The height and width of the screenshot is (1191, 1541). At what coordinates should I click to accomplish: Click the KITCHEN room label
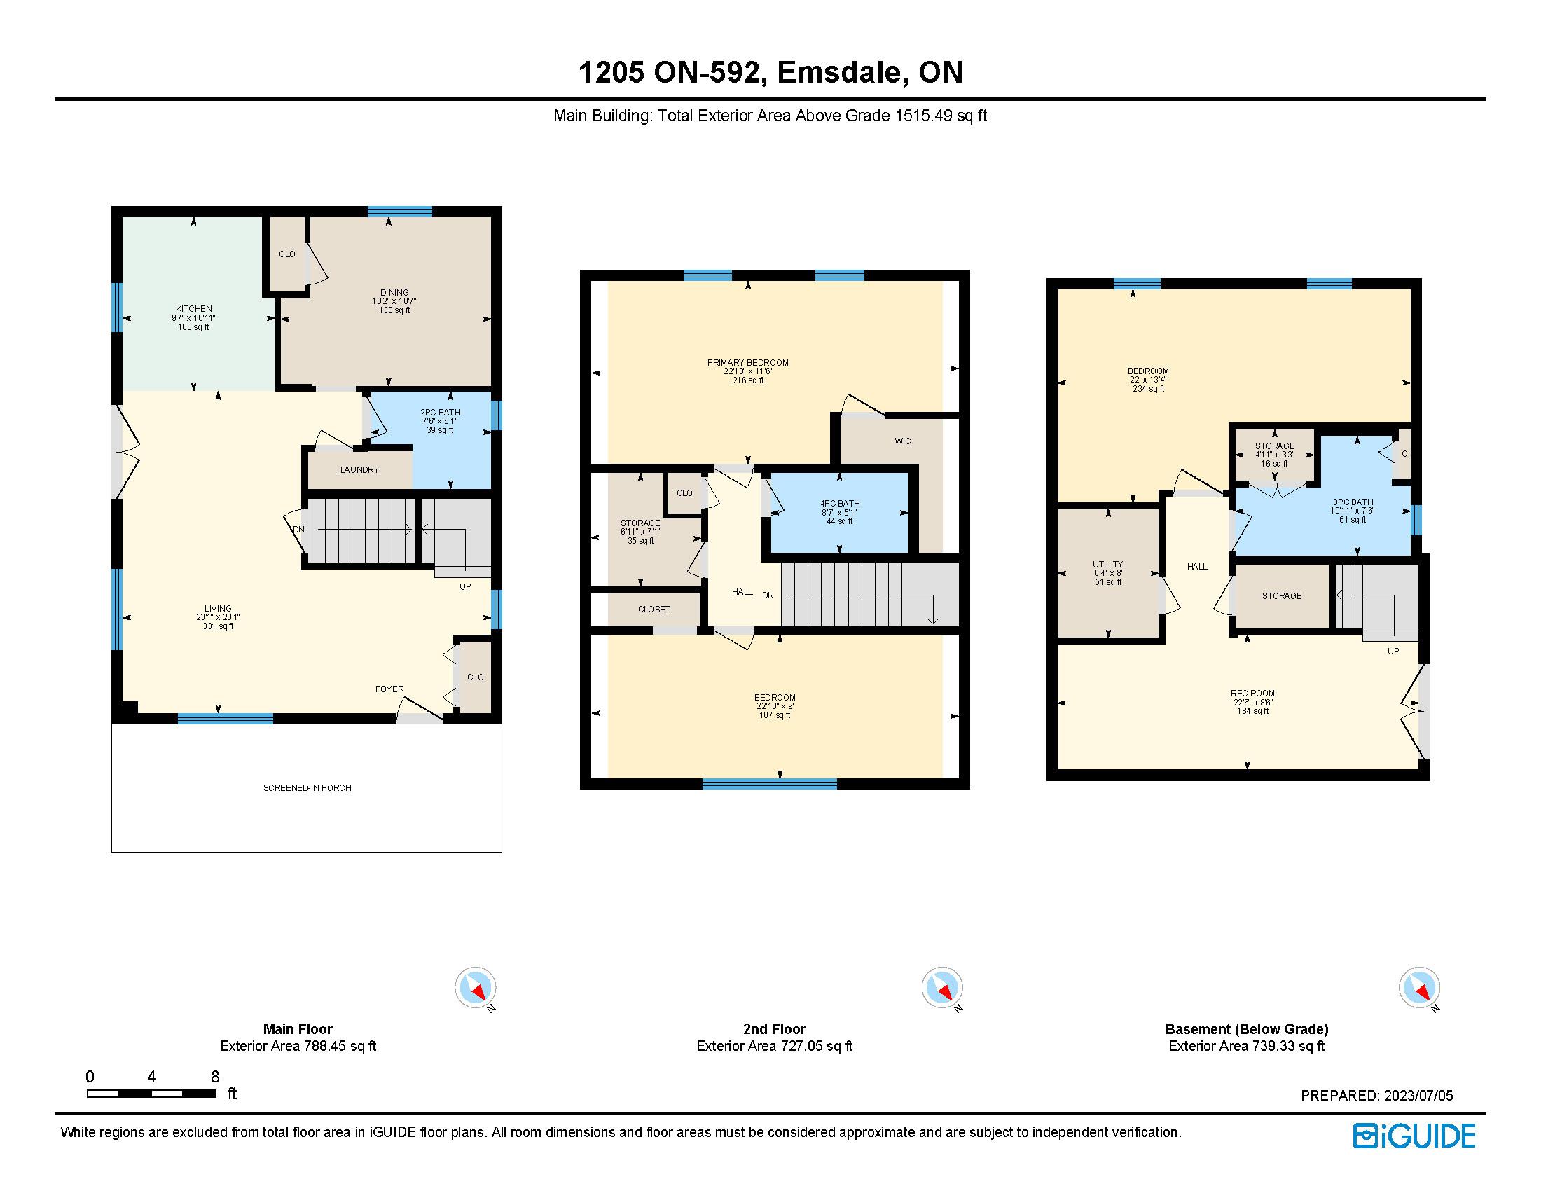coord(193,308)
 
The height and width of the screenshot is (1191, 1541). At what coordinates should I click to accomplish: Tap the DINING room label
coord(394,292)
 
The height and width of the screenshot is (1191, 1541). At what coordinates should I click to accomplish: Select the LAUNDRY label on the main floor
coord(359,469)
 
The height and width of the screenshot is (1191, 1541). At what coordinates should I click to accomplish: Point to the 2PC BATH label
coord(441,412)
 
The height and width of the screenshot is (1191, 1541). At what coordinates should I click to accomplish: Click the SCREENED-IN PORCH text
coord(307,787)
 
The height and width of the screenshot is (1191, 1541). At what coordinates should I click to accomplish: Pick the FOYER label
coord(389,689)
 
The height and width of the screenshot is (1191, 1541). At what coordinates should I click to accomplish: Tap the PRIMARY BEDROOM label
coord(748,363)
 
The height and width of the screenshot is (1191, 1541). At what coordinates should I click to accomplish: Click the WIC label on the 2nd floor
coord(902,441)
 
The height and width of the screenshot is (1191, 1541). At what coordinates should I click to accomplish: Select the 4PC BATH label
coord(840,504)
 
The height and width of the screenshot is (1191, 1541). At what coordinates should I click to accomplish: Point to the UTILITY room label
coord(1108,565)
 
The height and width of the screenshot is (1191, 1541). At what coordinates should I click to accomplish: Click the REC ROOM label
coord(1252,693)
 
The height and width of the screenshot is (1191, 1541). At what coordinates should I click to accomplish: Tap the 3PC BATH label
coord(1353,502)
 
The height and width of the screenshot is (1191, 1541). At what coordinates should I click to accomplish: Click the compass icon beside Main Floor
coord(476,988)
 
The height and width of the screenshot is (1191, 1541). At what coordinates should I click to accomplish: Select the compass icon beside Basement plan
coord(1419,988)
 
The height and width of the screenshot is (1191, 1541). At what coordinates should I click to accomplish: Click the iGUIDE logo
coord(1414,1136)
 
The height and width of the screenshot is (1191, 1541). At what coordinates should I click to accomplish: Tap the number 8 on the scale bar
coord(215,1077)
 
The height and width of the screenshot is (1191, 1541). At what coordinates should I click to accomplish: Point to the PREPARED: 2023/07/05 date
coord(1376,1096)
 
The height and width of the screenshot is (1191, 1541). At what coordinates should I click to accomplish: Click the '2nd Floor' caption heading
coord(774,1028)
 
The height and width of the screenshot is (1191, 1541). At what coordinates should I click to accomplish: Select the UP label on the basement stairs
coord(1393,651)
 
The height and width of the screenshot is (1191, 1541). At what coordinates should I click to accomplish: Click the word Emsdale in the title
coord(839,72)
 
